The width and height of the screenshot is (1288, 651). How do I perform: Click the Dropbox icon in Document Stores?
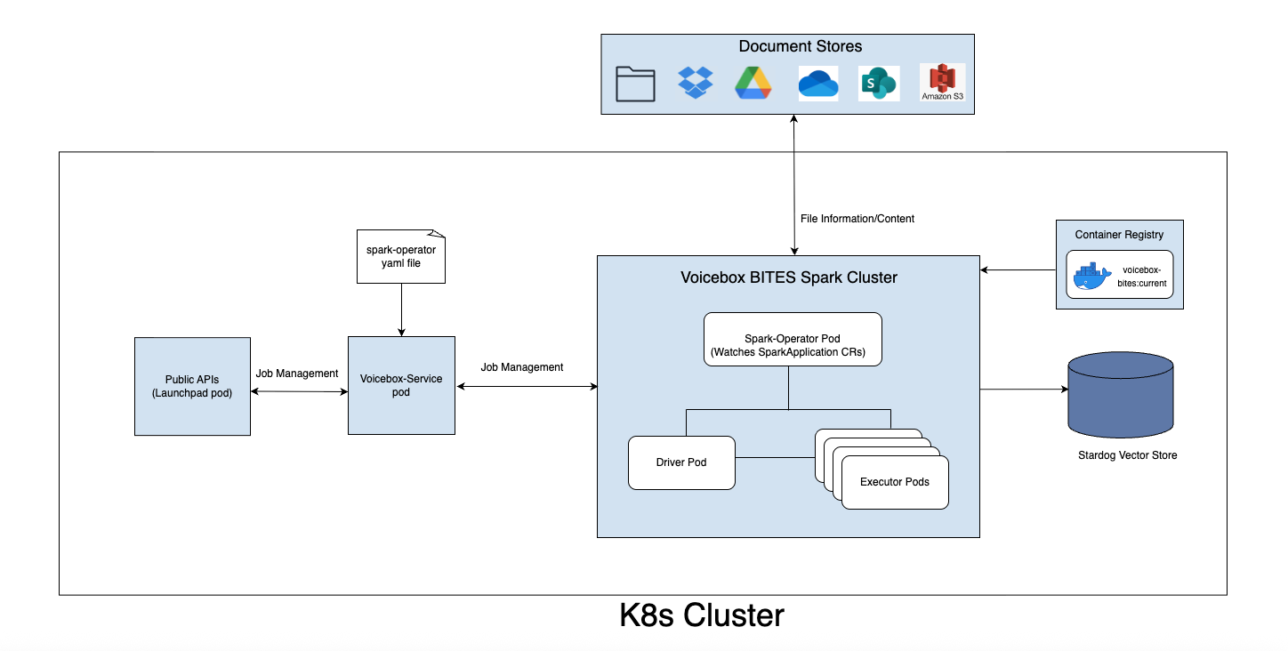pyautogui.click(x=695, y=83)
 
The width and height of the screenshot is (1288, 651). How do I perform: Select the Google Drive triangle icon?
pyautogui.click(x=753, y=83)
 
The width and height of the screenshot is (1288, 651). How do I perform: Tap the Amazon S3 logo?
pyautogui.click(x=942, y=82)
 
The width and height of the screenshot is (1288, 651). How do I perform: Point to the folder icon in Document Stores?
pyautogui.click(x=635, y=84)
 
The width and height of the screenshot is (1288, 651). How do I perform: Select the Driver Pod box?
pyautogui.click(x=681, y=462)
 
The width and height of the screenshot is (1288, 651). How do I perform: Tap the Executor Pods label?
pyautogui.click(x=894, y=482)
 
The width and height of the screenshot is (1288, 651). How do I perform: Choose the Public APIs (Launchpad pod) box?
pyautogui.click(x=192, y=386)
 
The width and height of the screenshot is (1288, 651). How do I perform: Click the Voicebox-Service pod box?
pyautogui.click(x=401, y=385)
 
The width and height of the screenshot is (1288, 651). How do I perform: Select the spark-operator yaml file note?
pyautogui.click(x=401, y=257)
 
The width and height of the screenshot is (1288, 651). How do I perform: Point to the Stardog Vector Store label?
pyautogui.click(x=1126, y=455)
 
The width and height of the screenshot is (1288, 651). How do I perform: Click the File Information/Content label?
pyautogui.click(x=857, y=219)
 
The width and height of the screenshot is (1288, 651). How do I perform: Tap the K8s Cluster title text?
pyautogui.click(x=702, y=615)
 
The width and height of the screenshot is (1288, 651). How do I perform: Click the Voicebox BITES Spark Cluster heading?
pyautogui.click(x=788, y=277)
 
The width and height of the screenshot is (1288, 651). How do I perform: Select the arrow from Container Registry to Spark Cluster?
pyautogui.click(x=1018, y=269)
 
